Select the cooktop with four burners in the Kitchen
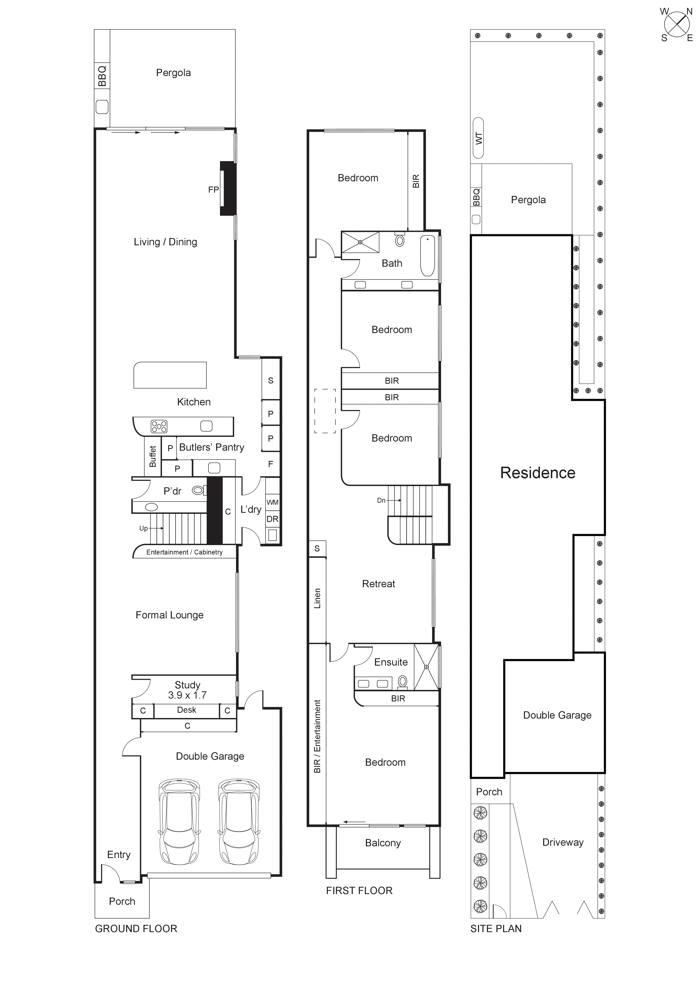click(159, 426)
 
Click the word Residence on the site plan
click(537, 473)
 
